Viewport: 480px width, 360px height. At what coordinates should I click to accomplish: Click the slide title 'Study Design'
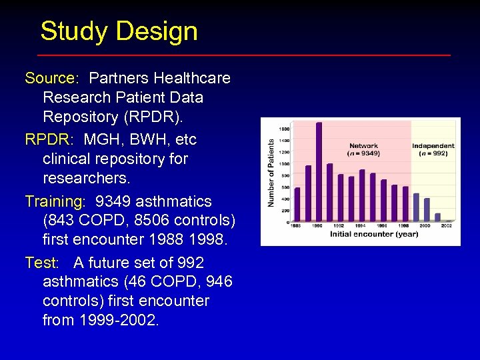[119, 31]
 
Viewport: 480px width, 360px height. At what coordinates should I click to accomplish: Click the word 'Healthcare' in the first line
[193, 78]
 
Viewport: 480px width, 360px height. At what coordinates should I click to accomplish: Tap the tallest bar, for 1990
[319, 171]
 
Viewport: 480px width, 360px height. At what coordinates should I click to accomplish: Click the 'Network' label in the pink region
[363, 146]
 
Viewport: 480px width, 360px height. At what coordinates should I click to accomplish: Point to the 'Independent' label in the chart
[433, 146]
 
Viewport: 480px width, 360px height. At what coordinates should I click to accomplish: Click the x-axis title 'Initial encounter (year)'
[374, 234]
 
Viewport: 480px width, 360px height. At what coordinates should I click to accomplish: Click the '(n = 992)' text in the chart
[433, 153]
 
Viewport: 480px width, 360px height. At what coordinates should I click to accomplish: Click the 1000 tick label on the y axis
[284, 164]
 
